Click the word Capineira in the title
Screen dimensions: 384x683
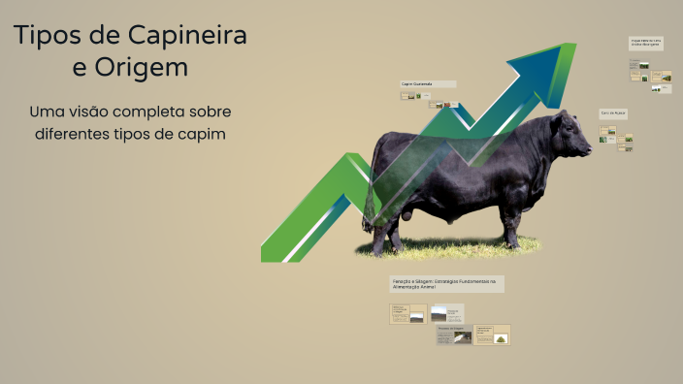pyautogui.click(x=186, y=36)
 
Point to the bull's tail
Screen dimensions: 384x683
pyautogui.click(x=370, y=194)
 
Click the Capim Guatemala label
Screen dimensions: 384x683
pyautogui.click(x=428, y=84)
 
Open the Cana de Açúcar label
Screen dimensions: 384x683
pyautogui.click(x=613, y=113)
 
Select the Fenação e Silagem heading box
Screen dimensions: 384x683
pyautogui.click(x=446, y=283)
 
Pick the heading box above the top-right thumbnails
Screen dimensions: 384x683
pyautogui.click(x=647, y=43)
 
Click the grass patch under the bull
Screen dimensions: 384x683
pyautogui.click(x=446, y=249)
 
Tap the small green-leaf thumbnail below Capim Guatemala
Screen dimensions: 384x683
pyautogui.click(x=411, y=96)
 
